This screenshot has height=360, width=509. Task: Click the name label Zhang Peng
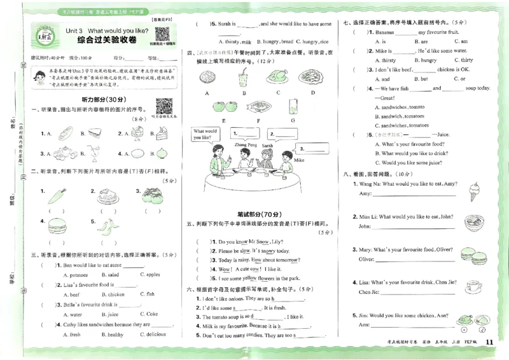tap(228, 146)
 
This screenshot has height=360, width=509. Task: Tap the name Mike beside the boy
tap(299, 160)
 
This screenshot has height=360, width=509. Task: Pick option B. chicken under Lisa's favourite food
tap(113, 294)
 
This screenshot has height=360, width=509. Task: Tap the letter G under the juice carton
tap(292, 120)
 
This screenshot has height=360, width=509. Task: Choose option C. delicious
tap(152, 334)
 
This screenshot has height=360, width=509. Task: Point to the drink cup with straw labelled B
tap(242, 78)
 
